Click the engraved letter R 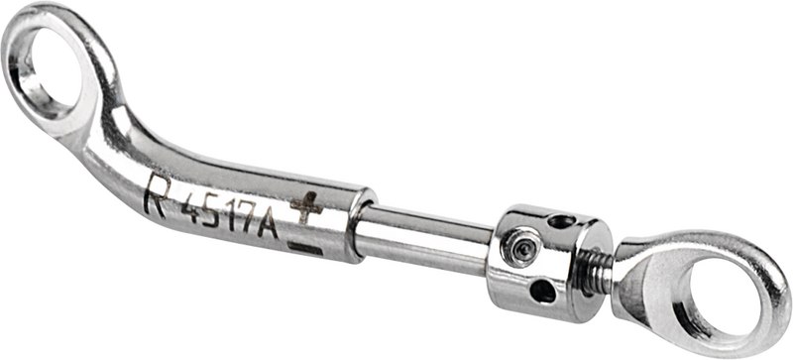pos(158,196)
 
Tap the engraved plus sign pos(306,207)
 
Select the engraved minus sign pos(305,248)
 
